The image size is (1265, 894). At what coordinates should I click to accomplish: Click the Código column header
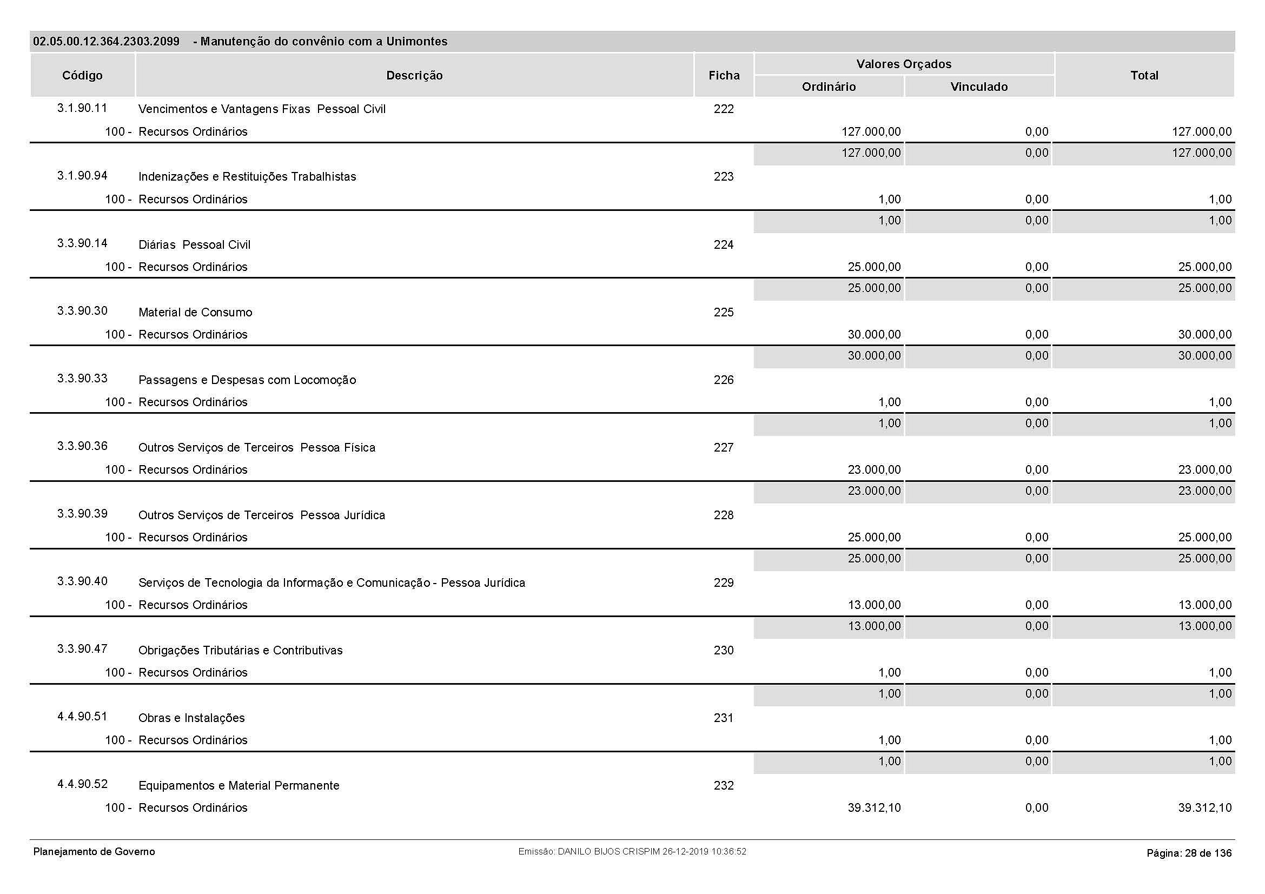[82, 76]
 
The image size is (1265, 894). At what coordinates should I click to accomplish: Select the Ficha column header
[724, 76]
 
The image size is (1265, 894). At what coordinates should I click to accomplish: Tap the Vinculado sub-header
[979, 87]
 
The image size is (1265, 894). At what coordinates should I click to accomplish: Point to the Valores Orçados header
[904, 64]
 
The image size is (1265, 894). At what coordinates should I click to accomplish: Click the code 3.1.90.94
[82, 176]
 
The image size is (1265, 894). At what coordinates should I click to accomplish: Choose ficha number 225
[724, 312]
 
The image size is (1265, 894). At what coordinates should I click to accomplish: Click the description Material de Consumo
[195, 312]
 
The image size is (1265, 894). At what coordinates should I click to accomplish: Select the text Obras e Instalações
[191, 718]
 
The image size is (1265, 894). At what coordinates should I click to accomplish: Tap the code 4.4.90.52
[82, 784]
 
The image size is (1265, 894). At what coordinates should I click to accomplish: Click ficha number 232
[724, 785]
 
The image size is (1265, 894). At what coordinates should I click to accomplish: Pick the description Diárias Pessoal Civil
[194, 244]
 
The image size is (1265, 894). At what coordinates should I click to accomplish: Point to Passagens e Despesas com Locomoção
[247, 380]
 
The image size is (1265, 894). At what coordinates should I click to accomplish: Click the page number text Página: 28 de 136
[1189, 853]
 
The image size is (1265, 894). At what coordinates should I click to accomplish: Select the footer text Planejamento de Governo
[94, 852]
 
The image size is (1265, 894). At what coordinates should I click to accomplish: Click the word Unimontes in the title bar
[416, 41]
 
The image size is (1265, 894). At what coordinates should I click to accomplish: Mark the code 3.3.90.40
[82, 581]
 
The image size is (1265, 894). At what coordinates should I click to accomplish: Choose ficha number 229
[724, 583]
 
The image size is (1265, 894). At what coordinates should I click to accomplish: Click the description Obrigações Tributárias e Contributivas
[240, 651]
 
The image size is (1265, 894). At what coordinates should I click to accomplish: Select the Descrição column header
[414, 76]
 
